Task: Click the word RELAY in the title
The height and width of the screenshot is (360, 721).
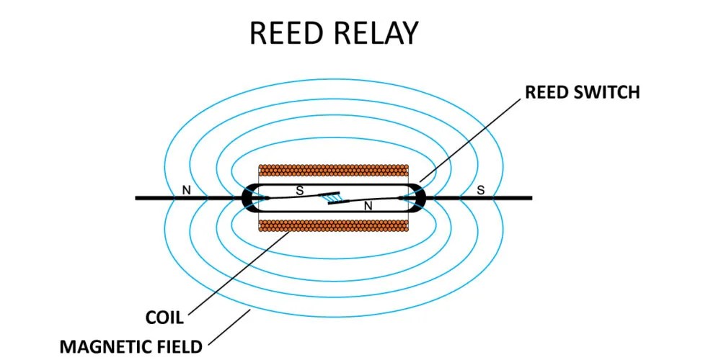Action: point(377,33)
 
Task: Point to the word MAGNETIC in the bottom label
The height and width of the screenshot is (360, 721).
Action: point(107,346)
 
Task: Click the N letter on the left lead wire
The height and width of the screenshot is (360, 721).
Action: point(187,190)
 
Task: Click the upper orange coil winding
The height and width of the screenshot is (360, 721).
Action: point(333,171)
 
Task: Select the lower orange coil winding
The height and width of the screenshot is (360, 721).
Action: point(333,225)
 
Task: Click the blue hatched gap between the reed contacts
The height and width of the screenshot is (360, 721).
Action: point(333,196)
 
